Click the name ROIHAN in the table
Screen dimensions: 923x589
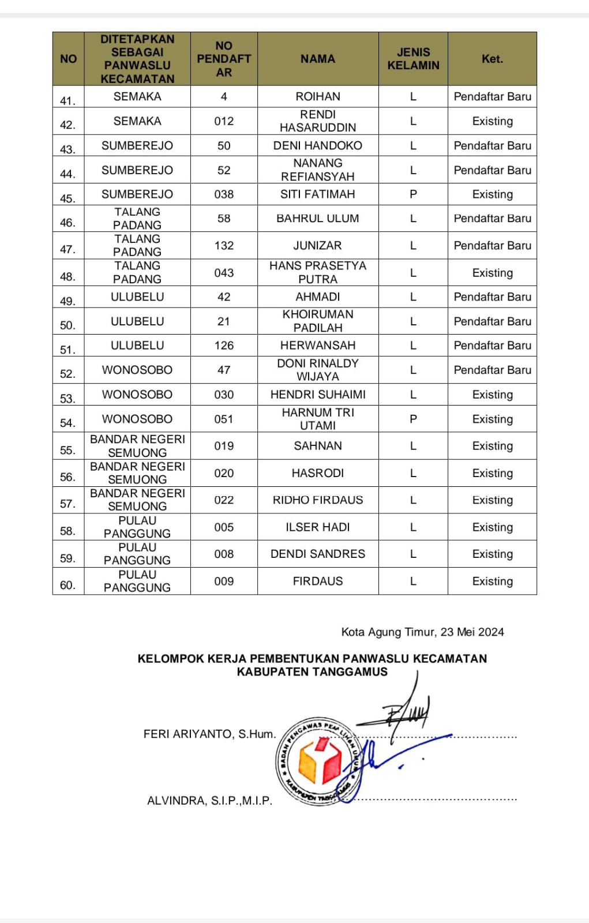pyautogui.click(x=318, y=96)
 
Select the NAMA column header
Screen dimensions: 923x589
pyautogui.click(x=318, y=59)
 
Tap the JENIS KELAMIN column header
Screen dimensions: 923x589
pyautogui.click(x=413, y=59)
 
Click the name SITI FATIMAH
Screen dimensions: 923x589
pyautogui.click(x=318, y=194)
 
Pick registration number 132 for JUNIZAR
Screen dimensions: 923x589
pyautogui.click(x=224, y=246)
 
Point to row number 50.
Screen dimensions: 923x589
pyautogui.click(x=68, y=325)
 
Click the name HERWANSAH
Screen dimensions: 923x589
pyautogui.click(x=318, y=346)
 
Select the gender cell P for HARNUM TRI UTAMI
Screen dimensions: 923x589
pyautogui.click(x=413, y=419)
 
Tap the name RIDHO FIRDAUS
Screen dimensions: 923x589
pyautogui.click(x=318, y=500)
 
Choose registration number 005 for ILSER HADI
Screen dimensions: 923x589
pyautogui.click(x=224, y=527)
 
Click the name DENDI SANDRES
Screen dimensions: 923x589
pyautogui.click(x=318, y=554)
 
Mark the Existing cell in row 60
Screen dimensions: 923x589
pyautogui.click(x=492, y=581)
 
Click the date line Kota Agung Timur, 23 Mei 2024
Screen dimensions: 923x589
pyautogui.click(x=422, y=632)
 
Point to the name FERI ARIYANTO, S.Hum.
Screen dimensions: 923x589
pyautogui.click(x=209, y=734)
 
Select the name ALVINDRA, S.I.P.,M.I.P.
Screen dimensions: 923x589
pyautogui.click(x=209, y=801)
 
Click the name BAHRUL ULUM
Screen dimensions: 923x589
pyautogui.click(x=318, y=219)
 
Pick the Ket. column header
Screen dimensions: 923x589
pyautogui.click(x=492, y=59)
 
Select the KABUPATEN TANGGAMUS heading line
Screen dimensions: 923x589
pyautogui.click(x=312, y=672)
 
